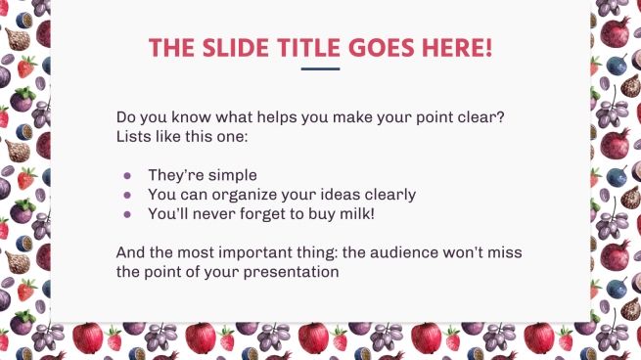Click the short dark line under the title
click(320, 69)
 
